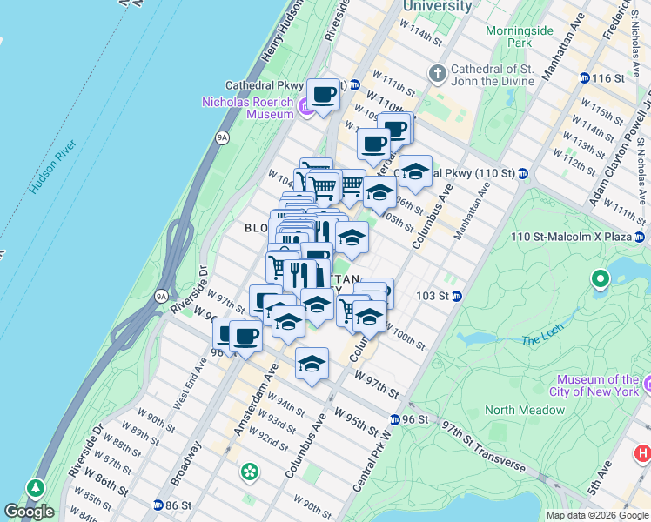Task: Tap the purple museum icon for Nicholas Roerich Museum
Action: tap(305, 108)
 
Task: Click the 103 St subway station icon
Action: tap(456, 296)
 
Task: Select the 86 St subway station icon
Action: tap(158, 505)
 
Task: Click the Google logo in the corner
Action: tap(29, 512)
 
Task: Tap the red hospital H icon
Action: tap(642, 452)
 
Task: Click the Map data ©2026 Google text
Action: tap(597, 515)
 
